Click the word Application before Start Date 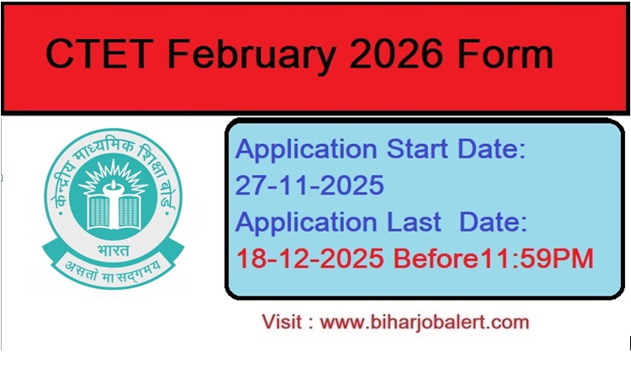click(x=307, y=150)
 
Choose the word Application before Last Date click(x=307, y=222)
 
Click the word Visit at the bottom click(x=282, y=322)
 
